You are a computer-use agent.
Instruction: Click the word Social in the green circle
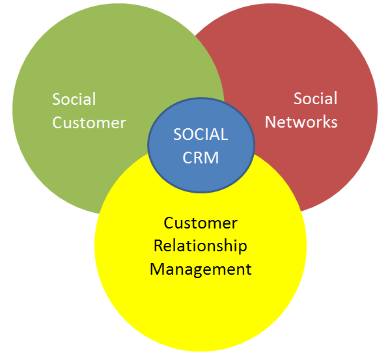(74, 100)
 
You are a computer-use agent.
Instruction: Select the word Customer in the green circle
(89, 122)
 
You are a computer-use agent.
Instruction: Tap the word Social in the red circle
(315, 99)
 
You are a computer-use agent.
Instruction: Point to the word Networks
(301, 122)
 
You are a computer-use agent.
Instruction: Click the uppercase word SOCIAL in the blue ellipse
(201, 135)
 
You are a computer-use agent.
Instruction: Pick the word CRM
(201, 158)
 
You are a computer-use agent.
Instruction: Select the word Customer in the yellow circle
(201, 223)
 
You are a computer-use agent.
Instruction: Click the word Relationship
(200, 246)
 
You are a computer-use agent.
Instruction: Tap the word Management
(201, 269)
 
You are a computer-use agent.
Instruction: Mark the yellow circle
(201, 312)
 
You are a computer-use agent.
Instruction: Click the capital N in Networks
(270, 122)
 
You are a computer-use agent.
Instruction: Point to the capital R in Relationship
(158, 246)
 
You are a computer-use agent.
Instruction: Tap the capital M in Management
(158, 269)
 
